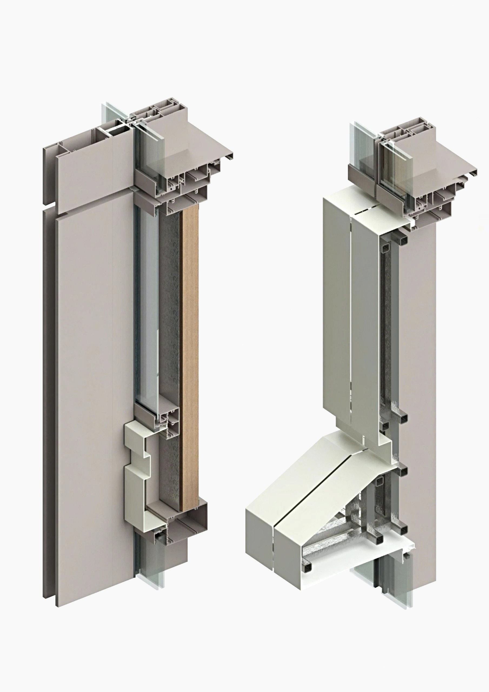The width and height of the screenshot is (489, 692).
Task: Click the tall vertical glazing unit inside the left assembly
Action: [147, 301]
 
